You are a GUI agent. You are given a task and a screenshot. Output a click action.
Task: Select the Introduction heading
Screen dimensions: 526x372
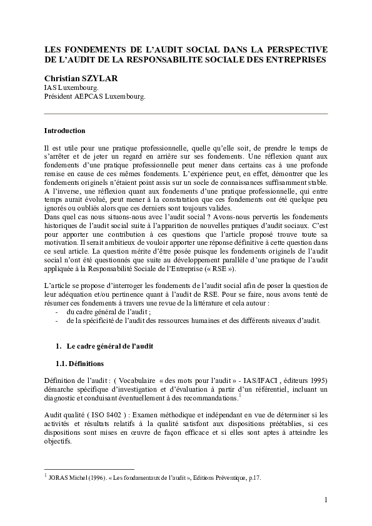coord(64,131)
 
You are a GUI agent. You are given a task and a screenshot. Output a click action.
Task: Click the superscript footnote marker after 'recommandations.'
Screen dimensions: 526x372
coord(239,395)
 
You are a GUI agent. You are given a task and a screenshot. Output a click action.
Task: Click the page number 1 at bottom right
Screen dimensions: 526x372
coord(326,500)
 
